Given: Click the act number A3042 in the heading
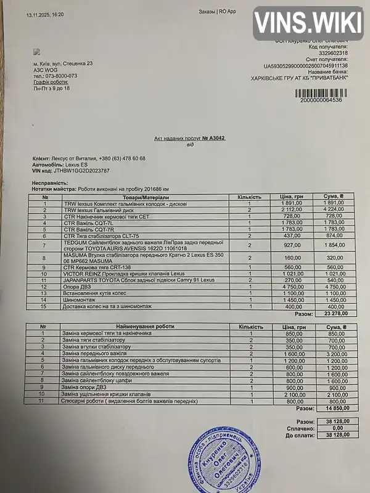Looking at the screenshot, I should coord(213,139).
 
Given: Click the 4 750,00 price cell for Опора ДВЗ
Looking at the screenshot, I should coord(290,287).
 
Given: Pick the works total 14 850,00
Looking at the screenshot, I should coord(337,408).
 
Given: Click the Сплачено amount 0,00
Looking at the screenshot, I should coord(337,428).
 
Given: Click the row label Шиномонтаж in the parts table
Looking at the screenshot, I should coord(76,299).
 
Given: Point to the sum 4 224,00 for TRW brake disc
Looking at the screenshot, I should coord(337,210).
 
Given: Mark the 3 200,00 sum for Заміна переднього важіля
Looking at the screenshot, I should coord(337,354).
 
